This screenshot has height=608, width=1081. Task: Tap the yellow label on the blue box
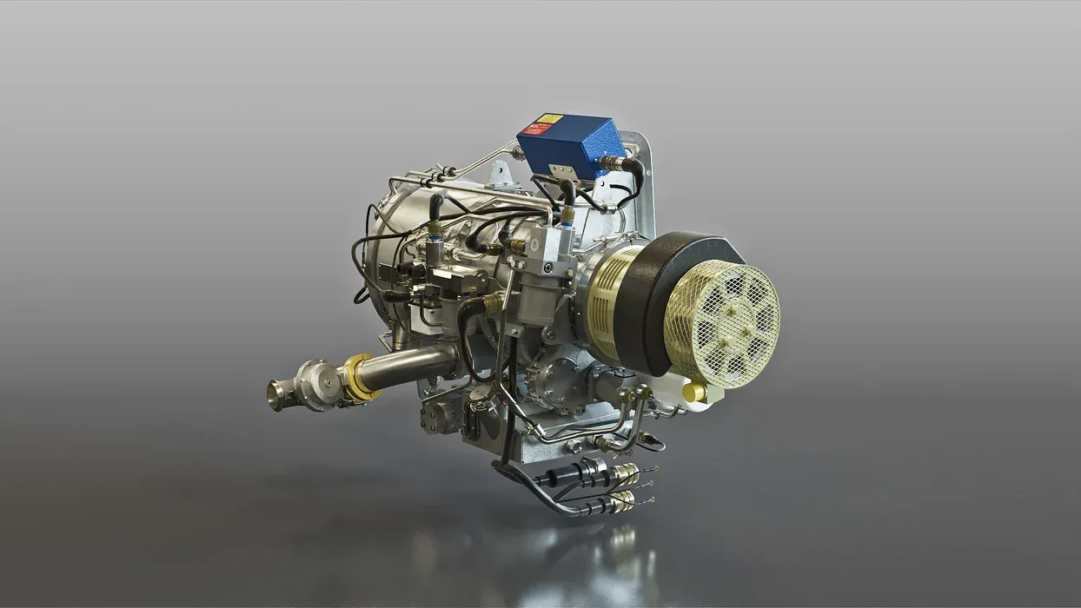tap(549, 118)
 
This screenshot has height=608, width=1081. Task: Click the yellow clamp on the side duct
tap(357, 377)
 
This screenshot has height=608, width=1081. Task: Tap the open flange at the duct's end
tap(275, 395)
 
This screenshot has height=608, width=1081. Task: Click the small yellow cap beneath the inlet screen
tap(693, 393)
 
